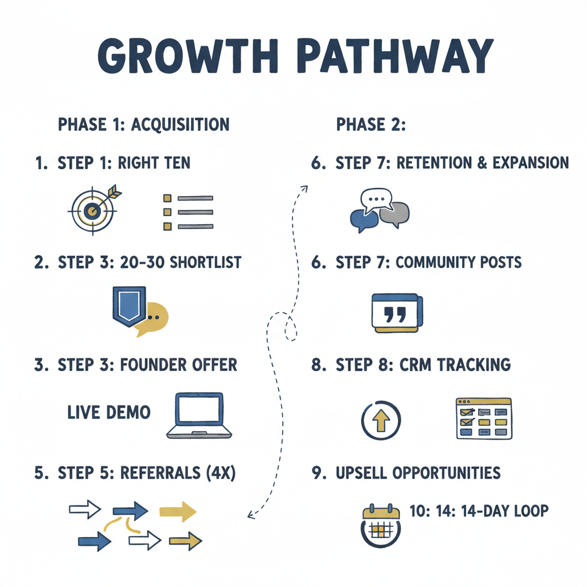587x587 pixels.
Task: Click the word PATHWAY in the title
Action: click(x=395, y=56)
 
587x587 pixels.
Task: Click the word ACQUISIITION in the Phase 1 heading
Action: click(x=180, y=124)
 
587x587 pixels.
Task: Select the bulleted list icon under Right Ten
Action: click(x=188, y=212)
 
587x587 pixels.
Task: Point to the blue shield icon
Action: click(x=129, y=306)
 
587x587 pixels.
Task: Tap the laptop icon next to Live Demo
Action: click(x=199, y=416)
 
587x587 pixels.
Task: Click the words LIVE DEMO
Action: click(x=109, y=413)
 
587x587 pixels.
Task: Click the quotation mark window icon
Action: click(x=397, y=313)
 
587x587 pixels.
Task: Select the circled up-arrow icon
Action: click(x=381, y=420)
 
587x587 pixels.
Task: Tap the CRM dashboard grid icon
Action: click(x=484, y=418)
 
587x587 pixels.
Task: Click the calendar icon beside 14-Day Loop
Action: click(x=381, y=526)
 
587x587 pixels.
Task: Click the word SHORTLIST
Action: click(x=206, y=263)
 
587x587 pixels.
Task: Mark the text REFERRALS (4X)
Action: click(x=178, y=473)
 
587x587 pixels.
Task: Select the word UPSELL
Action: click(x=361, y=473)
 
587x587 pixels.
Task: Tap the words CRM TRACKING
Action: click(x=455, y=365)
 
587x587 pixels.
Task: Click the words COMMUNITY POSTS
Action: click(x=459, y=263)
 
